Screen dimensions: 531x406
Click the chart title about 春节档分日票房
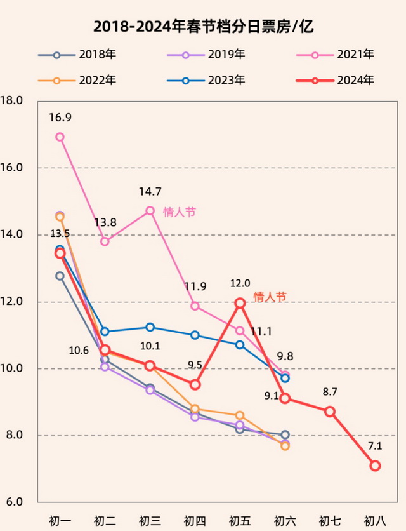[x=203, y=26]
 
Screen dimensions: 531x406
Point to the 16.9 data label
[x=60, y=118]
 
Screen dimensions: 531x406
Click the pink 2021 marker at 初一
[x=60, y=137]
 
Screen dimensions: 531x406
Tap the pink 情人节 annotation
[x=180, y=212]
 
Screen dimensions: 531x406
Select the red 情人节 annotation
[x=270, y=297]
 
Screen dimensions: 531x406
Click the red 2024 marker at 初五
[x=240, y=303]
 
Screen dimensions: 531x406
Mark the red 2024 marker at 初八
[x=375, y=466]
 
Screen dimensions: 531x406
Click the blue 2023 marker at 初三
[x=150, y=327]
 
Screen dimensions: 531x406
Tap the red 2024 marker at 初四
[x=195, y=384]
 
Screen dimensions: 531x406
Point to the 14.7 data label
[x=150, y=191]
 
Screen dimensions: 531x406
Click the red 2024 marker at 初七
[x=330, y=412]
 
